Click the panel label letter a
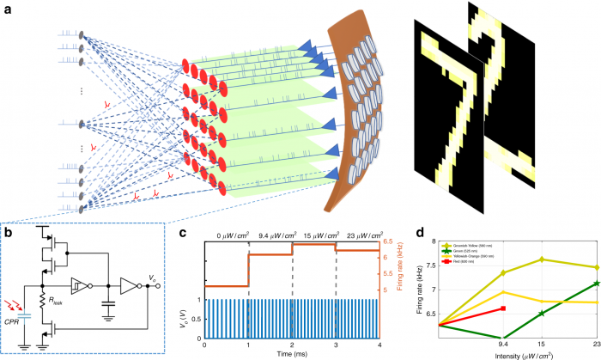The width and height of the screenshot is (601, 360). [x=8, y=8]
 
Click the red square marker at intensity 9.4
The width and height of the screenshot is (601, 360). [x=503, y=308]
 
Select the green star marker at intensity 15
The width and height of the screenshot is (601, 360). [x=541, y=314]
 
